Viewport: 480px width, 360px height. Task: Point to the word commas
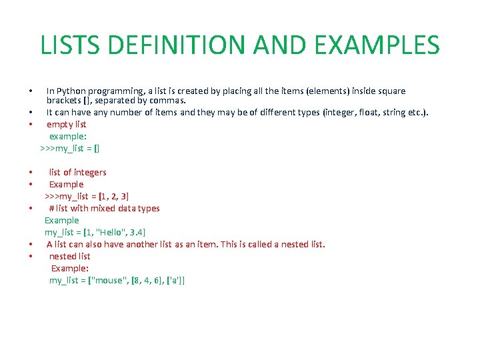[165, 101]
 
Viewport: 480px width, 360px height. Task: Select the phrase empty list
[66, 124]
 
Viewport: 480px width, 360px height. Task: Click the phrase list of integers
[77, 172]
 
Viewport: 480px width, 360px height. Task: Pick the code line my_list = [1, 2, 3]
[87, 196]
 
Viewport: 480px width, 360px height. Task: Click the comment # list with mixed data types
[104, 208]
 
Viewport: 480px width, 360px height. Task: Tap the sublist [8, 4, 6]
[147, 280]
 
